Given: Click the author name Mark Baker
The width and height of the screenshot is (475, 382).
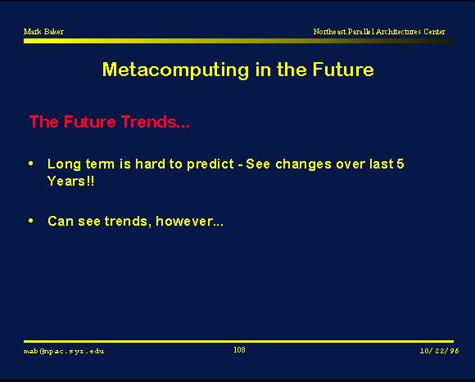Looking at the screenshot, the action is coord(43,32).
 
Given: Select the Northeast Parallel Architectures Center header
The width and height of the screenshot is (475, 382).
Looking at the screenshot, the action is coord(379,32).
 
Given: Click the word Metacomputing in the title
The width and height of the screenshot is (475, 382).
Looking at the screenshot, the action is coord(176,70).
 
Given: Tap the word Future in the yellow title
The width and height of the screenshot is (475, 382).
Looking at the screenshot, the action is coord(343,70).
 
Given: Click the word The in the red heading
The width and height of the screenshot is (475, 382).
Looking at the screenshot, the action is coord(44,122).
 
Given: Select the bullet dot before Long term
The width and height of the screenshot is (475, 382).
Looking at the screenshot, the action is coord(30,164).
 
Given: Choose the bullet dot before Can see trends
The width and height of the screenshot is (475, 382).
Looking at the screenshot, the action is coord(30,221).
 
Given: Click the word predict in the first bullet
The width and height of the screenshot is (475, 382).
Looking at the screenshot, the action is coord(210,164).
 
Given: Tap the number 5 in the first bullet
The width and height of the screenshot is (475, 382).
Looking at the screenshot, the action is coord(400,164).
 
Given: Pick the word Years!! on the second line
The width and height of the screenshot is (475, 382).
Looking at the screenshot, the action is coord(71,181).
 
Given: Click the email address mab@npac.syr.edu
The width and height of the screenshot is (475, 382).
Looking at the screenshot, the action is coord(64,351).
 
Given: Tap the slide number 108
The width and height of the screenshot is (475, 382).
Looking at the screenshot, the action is coord(239,350).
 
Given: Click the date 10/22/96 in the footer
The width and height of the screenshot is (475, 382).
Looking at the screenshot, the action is coord(439,351).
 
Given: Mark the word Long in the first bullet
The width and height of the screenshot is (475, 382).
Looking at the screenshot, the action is coord(64,164).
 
